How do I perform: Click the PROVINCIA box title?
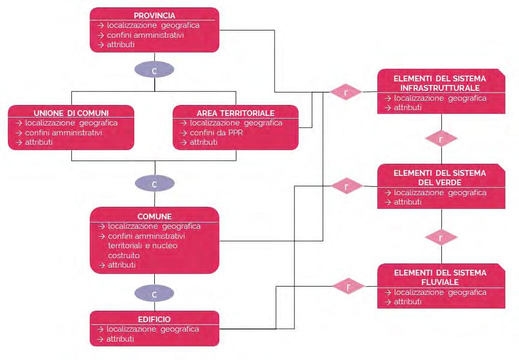pos(154,16)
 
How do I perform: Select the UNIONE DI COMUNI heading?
pos(71,113)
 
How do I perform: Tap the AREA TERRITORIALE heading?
pos(236,113)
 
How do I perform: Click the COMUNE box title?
pos(154,216)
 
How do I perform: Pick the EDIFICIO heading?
pos(154,319)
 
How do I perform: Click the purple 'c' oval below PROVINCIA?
pos(154,70)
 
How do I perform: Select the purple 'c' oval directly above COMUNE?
pos(154,184)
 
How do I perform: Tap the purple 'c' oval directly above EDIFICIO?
pos(154,293)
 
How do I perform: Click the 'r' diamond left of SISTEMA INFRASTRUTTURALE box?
pos(346,92)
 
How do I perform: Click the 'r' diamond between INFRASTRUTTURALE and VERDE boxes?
pos(441,139)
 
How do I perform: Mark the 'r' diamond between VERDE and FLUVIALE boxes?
pos(441,238)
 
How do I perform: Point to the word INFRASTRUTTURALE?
pos(441,88)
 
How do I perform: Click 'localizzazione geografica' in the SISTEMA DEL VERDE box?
pos(440,193)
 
